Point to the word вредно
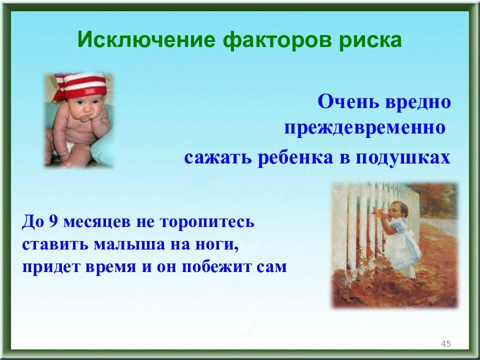(418, 102)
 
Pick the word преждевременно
(364, 127)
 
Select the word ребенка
(295, 157)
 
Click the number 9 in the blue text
(53, 221)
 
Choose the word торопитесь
(207, 222)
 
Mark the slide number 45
(445, 343)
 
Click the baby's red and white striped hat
(81, 85)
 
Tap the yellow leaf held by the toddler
(378, 212)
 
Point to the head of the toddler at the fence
(398, 209)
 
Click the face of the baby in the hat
(85, 107)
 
